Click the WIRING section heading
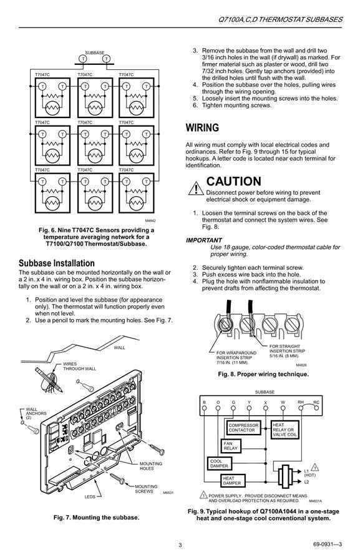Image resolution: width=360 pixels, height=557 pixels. tap(202, 127)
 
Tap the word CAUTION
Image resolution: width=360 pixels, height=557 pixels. tap(233, 181)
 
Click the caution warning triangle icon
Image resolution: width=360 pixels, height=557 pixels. tap(196, 189)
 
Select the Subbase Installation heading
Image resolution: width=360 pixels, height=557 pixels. tap(57, 264)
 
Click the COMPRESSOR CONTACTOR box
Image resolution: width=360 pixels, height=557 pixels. tap(243, 427)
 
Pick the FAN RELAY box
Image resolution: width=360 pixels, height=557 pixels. tap(231, 446)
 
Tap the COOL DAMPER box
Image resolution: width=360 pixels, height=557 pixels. tap(219, 463)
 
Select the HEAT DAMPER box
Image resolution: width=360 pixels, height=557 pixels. tap(232, 481)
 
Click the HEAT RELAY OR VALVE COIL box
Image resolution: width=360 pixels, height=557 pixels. tap(285, 430)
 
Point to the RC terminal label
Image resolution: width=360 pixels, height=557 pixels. tap(316, 403)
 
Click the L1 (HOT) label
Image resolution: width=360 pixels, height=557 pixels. tap(309, 473)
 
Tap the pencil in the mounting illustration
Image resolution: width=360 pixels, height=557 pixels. tap(49, 380)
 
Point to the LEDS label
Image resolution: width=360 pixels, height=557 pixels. tap(90, 496)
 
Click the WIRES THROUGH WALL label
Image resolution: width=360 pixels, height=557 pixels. tap(79, 367)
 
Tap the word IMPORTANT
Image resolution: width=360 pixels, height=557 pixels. tap(204, 240)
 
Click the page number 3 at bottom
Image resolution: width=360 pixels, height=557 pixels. tap(180, 545)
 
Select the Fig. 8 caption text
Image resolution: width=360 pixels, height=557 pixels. tap(263, 374)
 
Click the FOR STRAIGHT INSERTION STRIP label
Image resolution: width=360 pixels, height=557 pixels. tap(287, 351)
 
